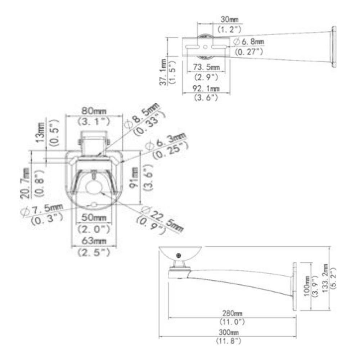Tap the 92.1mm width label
(206, 89)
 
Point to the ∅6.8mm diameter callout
(248, 42)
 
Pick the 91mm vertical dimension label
(136, 176)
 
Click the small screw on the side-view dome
(178, 255)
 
